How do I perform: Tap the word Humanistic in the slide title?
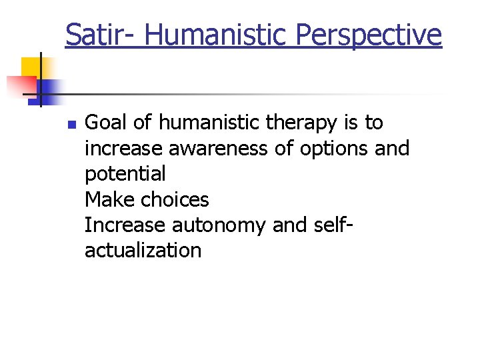pyautogui.click(x=217, y=34)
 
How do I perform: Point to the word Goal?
pyautogui.click(x=107, y=123)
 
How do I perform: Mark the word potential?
pyautogui.click(x=125, y=174)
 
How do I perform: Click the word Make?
pyautogui.click(x=108, y=199)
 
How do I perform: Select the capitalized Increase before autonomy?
pyautogui.click(x=125, y=225)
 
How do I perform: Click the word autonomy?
pyautogui.click(x=219, y=225)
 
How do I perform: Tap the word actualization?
pyautogui.click(x=143, y=251)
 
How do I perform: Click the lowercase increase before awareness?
pyautogui.click(x=124, y=148)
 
